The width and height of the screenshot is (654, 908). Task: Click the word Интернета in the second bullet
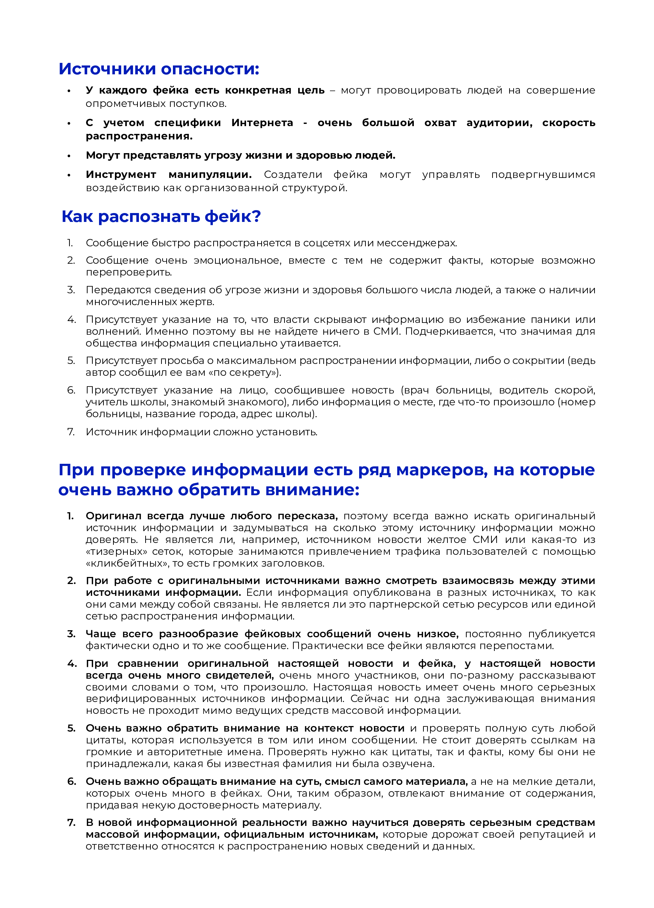coord(262,122)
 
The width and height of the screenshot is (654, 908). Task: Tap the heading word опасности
coord(210,69)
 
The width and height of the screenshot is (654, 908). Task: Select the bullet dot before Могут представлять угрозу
coord(69,156)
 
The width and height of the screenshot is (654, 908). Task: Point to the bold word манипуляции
coord(210,175)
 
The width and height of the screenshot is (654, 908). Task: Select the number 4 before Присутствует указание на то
coord(71,320)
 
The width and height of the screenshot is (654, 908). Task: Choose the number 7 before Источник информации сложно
coord(71,432)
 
